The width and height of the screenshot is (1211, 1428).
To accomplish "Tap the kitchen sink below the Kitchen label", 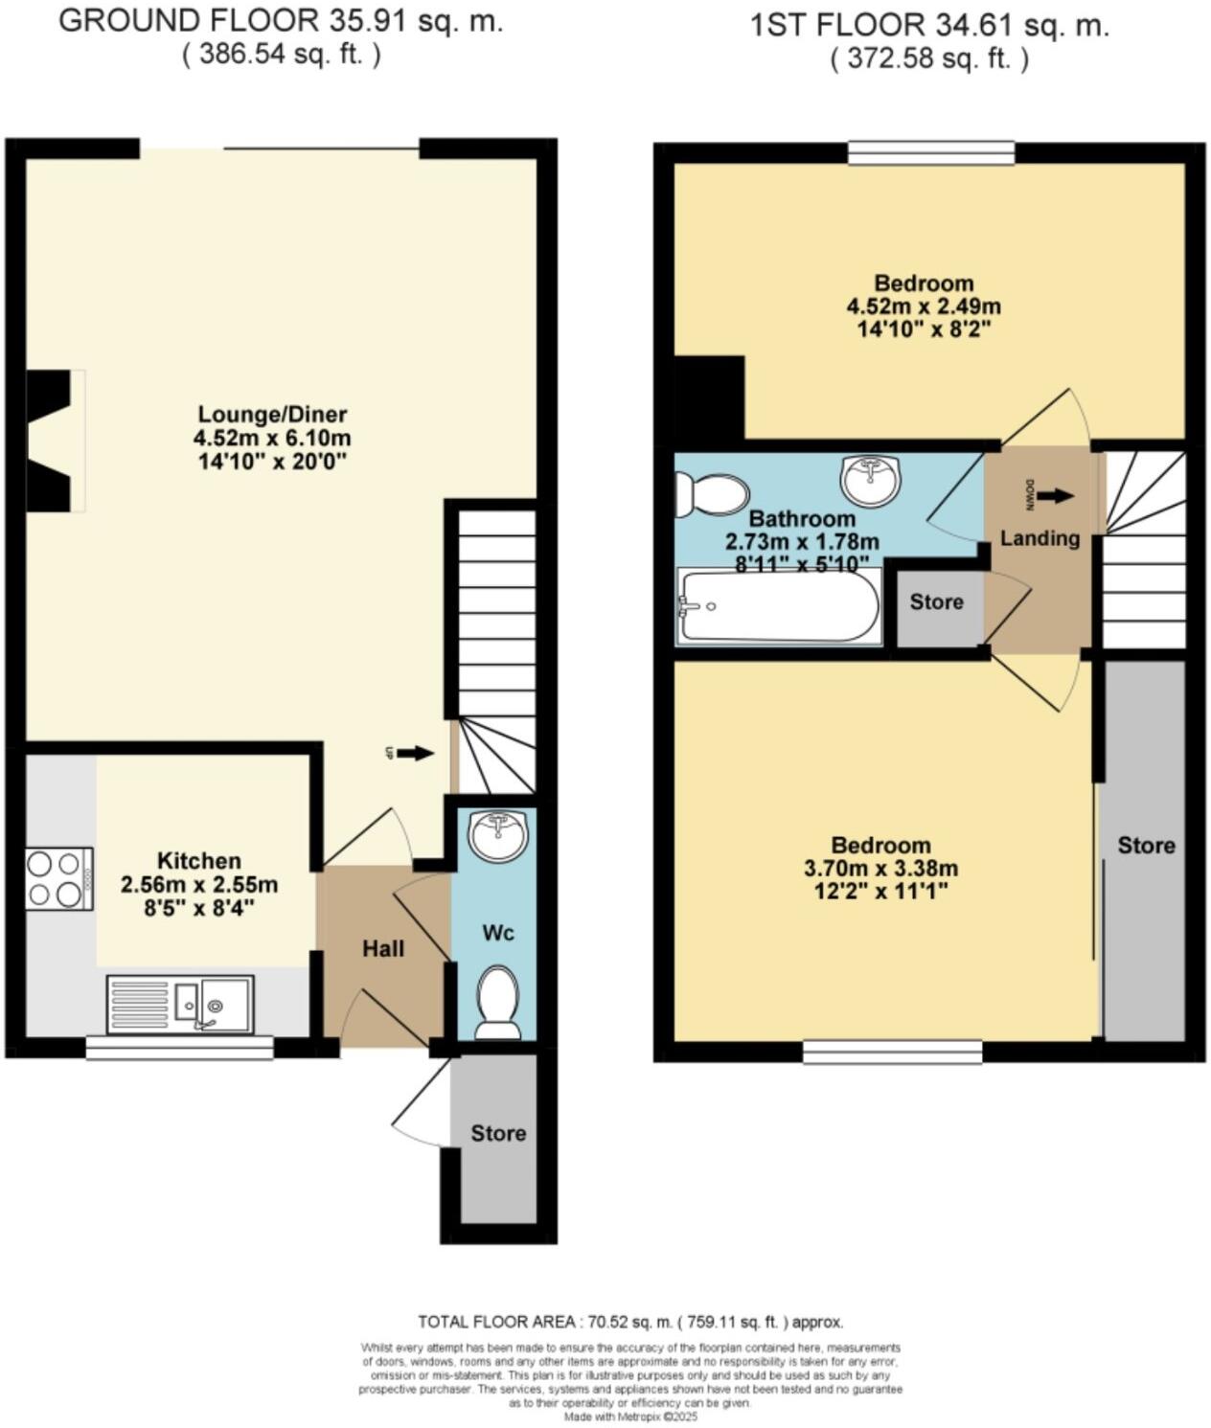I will (181, 1005).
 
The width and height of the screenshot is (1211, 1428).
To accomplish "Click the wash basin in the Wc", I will (497, 833).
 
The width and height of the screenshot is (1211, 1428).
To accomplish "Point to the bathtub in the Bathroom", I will (777, 606).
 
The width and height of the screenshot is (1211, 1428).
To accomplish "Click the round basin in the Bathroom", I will (870, 480).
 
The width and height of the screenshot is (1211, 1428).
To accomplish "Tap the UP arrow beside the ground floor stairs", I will (415, 754).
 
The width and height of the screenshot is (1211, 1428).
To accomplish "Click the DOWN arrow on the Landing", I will (1055, 496).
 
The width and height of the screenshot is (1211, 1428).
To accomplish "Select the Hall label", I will (383, 949).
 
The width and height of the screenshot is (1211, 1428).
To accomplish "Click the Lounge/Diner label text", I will (272, 415).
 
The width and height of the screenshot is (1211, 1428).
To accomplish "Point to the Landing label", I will (1040, 538).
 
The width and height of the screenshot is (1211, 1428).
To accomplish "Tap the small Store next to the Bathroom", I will (936, 602).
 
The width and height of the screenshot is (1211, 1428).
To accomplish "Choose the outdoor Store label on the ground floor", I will (498, 1134).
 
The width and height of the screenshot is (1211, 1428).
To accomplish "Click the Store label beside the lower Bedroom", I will (1146, 846).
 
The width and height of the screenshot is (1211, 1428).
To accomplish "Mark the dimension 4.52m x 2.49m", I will (923, 307).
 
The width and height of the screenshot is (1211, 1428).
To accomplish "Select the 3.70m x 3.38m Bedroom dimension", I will (880, 870).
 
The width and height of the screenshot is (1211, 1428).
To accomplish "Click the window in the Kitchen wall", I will (179, 1049).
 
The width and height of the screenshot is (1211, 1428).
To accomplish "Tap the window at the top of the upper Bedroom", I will (931, 152).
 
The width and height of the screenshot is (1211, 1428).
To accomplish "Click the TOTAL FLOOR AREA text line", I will (630, 1323).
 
